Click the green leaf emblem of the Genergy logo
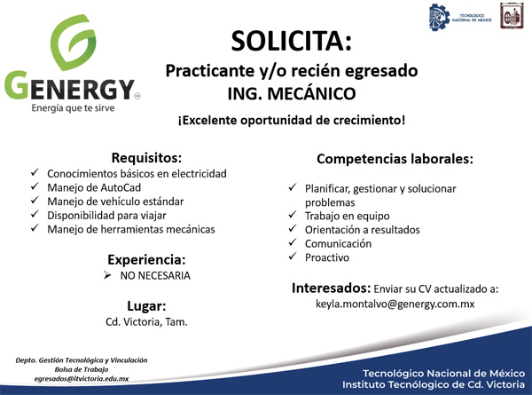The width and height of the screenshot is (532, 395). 73,42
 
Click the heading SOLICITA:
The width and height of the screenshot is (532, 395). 292,41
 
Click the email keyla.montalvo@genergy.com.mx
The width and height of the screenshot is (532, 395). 395,304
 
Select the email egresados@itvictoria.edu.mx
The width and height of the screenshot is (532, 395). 82,378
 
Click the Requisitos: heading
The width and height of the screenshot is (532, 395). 146,158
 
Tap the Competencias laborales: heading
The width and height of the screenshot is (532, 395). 395,159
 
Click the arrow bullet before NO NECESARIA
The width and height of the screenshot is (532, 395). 107,275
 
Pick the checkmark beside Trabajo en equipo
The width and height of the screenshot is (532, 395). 293,215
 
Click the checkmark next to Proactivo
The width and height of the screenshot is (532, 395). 293,257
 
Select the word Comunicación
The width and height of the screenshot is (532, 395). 338,243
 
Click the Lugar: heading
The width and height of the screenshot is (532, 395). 146,306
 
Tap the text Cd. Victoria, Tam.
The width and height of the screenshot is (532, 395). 146,321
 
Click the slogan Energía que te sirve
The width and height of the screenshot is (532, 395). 73,108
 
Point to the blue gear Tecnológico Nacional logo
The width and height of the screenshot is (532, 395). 440,18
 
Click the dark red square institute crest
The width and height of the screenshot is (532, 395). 512,16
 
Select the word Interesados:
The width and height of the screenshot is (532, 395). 331,288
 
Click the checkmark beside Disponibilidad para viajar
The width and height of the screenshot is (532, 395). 35,214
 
